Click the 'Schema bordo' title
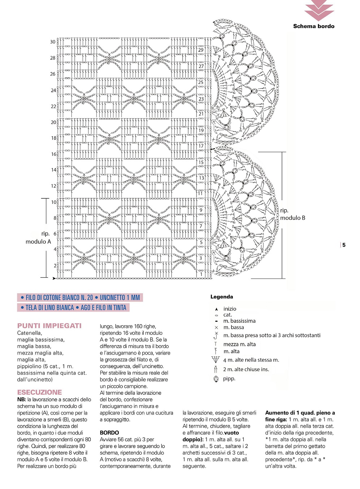tap(313, 26)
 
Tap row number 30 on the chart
tap(53, 42)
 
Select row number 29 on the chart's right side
tap(201, 50)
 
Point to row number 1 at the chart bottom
tap(201, 274)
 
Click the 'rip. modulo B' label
tap(292, 214)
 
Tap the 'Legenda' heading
tap(222, 297)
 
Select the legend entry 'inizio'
tap(230, 309)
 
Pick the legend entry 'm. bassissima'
tap(239, 321)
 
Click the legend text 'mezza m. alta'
tap(239, 344)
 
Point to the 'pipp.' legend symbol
tap(216, 379)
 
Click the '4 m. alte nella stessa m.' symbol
tap(216, 360)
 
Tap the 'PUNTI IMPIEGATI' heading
tap(49, 326)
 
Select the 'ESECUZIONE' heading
tap(39, 392)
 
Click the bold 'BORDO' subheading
tap(109, 433)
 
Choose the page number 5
tap(344, 245)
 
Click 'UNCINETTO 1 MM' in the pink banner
tap(120, 298)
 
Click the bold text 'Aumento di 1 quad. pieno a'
tap(300, 413)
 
